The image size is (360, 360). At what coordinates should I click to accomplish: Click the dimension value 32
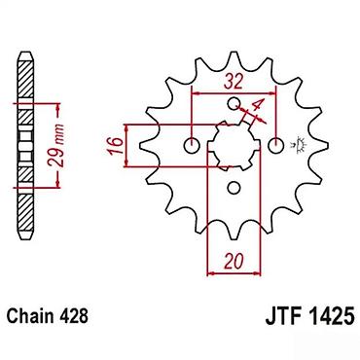pos(234,82)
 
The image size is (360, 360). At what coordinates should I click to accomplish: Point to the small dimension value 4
pos(258,105)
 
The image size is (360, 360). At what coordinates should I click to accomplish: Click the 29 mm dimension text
pos(58,144)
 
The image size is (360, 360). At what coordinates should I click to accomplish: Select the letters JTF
pos(281,316)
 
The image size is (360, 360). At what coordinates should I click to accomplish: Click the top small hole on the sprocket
pos(234,103)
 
